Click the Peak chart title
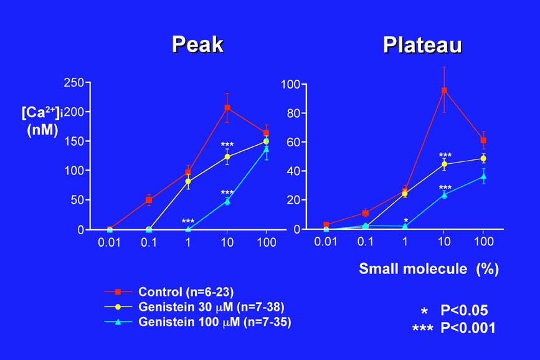tap(197, 45)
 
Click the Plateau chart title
tap(422, 45)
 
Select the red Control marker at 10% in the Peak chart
tap(227, 108)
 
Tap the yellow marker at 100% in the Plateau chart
tap(483, 158)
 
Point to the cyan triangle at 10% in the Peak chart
tap(227, 201)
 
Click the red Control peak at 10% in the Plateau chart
tap(444, 90)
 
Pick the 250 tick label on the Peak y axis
tap(74, 82)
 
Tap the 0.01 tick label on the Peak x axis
tap(110, 242)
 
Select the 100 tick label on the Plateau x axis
tap(483, 242)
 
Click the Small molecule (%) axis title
tap(429, 269)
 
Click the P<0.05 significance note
tap(463, 311)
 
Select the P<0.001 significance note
tap(467, 328)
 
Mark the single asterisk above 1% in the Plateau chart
tap(406, 220)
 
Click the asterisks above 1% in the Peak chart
tap(188, 221)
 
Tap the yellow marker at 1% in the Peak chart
tap(188, 181)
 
